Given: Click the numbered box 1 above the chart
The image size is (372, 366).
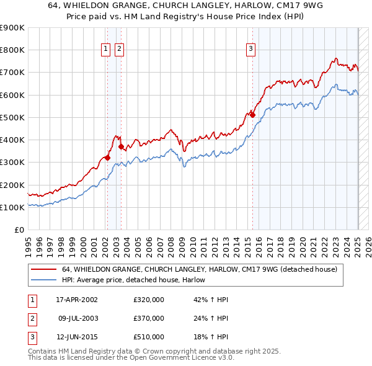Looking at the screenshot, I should click(106, 50).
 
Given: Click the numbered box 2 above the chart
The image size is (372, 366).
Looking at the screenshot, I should click(119, 50).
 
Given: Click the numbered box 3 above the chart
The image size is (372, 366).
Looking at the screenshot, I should click(250, 50).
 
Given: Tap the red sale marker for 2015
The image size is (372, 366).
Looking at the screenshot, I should click(253, 115).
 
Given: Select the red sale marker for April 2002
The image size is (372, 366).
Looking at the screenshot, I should click(107, 158).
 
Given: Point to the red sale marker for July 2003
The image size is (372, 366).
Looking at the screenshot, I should click(121, 146).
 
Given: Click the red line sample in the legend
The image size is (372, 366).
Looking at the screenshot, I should click(43, 269).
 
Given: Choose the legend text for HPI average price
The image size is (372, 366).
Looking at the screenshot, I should click(133, 280).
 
